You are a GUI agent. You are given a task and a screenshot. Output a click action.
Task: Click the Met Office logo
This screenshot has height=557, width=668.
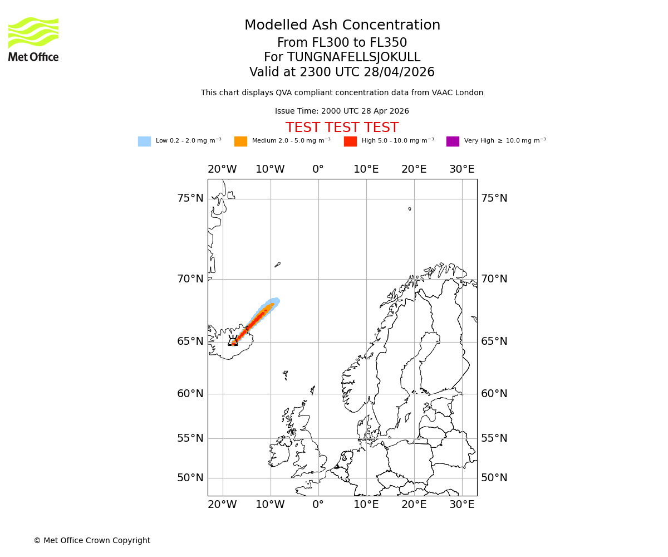tap(33, 39)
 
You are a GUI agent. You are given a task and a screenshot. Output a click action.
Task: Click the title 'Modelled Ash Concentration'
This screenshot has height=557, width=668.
tap(342, 26)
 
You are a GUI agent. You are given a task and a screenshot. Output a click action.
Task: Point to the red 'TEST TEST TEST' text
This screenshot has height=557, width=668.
tap(342, 128)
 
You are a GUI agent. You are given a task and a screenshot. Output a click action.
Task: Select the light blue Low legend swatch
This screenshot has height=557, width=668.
tap(144, 141)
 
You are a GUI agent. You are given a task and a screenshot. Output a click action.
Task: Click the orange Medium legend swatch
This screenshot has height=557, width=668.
tap(240, 141)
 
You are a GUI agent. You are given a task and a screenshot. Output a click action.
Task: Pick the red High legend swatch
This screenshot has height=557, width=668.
tap(350, 141)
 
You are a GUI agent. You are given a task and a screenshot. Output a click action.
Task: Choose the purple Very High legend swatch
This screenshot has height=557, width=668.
tap(453, 141)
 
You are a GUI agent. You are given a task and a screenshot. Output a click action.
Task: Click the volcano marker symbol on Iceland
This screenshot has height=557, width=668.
tap(233, 341)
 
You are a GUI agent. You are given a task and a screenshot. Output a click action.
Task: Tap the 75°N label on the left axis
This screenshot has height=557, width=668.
tap(190, 198)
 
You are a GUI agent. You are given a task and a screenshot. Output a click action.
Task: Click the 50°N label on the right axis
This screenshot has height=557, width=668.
tap(494, 478)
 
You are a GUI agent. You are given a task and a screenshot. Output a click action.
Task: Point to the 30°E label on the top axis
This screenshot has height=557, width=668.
tap(462, 169)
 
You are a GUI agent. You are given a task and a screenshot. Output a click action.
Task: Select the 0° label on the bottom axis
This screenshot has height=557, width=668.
tap(318, 505)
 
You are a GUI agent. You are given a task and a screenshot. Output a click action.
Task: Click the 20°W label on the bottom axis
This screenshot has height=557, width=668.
tap(222, 505)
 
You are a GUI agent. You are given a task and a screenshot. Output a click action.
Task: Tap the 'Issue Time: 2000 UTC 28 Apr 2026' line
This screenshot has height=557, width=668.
tap(342, 111)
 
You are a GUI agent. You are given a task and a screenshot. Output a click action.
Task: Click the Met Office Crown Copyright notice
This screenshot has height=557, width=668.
tap(92, 541)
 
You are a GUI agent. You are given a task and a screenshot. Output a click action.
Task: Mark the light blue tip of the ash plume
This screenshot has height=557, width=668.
tap(275, 301)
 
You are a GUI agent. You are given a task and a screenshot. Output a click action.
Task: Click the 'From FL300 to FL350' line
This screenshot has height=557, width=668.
tap(342, 43)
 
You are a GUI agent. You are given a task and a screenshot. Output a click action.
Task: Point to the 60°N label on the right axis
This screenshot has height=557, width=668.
tap(494, 394)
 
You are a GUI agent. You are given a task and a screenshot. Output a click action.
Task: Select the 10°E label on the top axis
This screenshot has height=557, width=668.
tap(366, 169)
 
